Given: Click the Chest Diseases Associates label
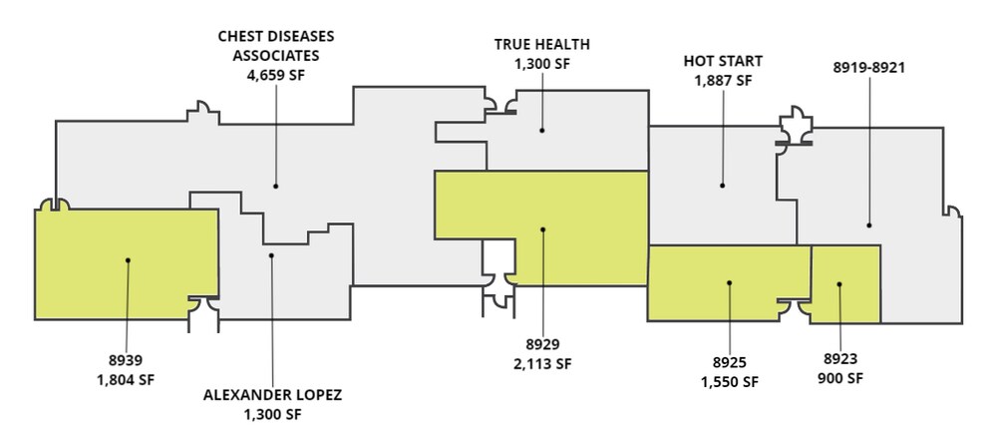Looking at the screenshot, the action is click(x=276, y=46).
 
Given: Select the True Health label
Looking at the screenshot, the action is click(x=541, y=45).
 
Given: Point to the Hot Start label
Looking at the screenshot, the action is click(x=723, y=62).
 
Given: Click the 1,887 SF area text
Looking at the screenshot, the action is click(x=723, y=81).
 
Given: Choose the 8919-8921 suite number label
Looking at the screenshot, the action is click(x=869, y=68).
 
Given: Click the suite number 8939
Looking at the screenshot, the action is click(x=126, y=361).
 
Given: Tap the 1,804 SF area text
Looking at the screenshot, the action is click(x=126, y=380).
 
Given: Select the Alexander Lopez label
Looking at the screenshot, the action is click(x=273, y=395).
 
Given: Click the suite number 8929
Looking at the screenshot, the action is click(x=542, y=344).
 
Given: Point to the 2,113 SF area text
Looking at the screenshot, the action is click(x=542, y=364).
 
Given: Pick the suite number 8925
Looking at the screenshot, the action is click(x=730, y=363).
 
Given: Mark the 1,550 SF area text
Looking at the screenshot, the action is click(x=730, y=382).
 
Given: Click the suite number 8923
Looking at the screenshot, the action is click(x=840, y=359).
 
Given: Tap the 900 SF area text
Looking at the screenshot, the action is click(x=840, y=378).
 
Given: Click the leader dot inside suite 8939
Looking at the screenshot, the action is click(x=128, y=260).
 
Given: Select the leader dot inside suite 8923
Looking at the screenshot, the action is click(x=839, y=284).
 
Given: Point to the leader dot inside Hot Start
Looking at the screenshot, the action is click(x=722, y=186).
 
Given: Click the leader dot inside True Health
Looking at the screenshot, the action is click(x=541, y=131).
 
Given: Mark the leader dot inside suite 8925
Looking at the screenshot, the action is click(x=729, y=283).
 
